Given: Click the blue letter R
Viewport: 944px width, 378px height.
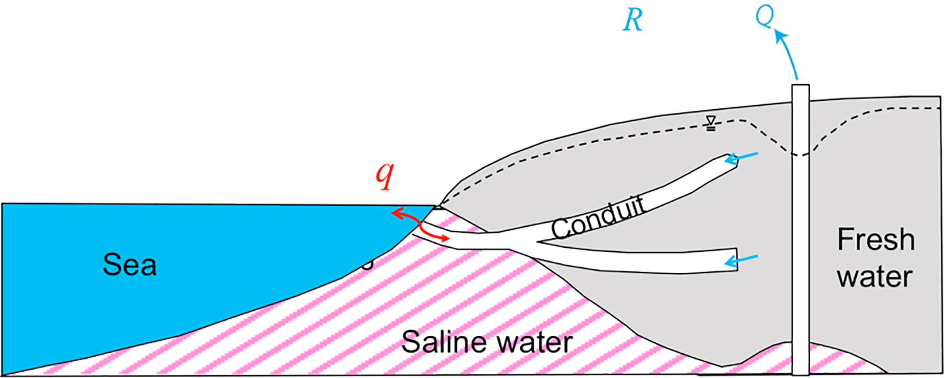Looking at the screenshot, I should coord(632,20).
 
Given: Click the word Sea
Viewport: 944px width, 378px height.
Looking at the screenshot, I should coord(129,264).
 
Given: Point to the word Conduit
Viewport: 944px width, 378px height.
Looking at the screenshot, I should coord(598,218).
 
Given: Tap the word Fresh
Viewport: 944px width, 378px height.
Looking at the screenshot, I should coord(876,240).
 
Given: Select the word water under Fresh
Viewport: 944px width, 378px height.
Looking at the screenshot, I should coord(875,277).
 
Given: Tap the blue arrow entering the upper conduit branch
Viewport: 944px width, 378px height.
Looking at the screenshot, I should coord(742,157).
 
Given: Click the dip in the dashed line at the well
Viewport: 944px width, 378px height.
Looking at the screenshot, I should coord(800,154).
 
